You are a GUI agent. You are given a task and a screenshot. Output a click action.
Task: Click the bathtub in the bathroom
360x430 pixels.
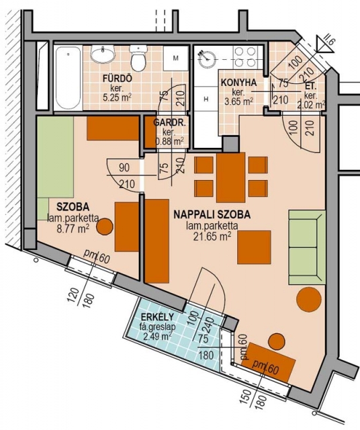(69, 78)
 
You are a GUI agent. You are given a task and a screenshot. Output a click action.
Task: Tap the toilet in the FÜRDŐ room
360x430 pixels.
(138, 58)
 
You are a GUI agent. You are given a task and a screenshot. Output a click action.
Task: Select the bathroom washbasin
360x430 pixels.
(103, 54)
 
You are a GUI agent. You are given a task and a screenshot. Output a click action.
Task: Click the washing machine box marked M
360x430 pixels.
(176, 58)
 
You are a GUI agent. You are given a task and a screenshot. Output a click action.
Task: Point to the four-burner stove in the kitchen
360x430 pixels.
(245, 57)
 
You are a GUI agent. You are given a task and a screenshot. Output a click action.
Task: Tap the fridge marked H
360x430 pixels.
(206, 99)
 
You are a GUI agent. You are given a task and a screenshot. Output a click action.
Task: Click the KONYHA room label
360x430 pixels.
(238, 83)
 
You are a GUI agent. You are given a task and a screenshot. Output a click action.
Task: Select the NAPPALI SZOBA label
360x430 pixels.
(212, 214)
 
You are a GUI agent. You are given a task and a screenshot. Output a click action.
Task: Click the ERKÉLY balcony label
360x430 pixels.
(157, 317)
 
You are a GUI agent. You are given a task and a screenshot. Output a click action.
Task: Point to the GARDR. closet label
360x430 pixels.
(169, 122)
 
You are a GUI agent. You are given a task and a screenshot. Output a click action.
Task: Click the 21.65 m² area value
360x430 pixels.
(212, 236)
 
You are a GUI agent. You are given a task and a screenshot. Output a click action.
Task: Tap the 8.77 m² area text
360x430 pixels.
(73, 228)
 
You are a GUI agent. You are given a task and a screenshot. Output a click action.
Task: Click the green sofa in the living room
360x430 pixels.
(307, 247)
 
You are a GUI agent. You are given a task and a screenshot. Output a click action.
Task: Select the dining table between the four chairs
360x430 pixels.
(230, 177)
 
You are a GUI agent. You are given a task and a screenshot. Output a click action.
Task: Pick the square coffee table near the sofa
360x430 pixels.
(254, 247)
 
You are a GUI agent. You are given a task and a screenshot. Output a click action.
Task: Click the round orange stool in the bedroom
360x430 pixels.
(105, 226)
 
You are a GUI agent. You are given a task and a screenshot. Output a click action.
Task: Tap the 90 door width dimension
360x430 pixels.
(124, 167)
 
